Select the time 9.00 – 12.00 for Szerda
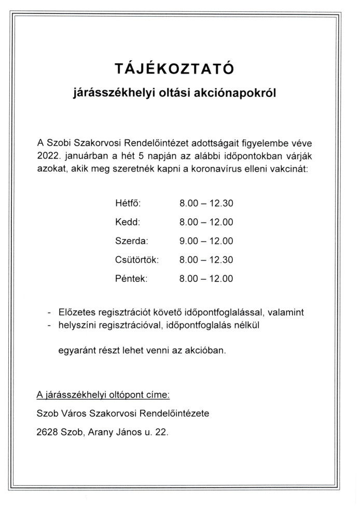click(206, 241)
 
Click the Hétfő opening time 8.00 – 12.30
click(206, 203)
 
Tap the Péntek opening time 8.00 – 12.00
click(206, 279)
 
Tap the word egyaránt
click(75, 350)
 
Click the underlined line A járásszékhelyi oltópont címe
click(103, 395)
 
